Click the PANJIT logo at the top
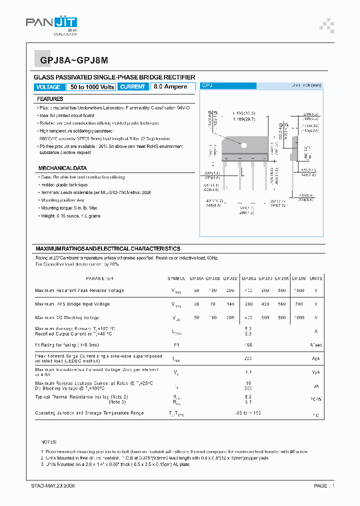(x=51, y=23)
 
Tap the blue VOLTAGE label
(x=49, y=87)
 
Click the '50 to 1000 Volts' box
(x=92, y=87)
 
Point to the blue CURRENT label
(x=133, y=87)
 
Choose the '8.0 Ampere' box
(x=170, y=87)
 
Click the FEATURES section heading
(x=50, y=99)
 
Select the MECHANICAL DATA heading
(x=62, y=168)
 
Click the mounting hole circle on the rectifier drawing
(x=244, y=145)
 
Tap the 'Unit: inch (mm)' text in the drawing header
(x=306, y=86)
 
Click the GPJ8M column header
(x=298, y=278)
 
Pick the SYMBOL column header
(x=176, y=278)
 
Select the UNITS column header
(x=316, y=278)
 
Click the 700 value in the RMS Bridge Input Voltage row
(x=298, y=304)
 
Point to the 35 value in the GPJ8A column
(x=196, y=304)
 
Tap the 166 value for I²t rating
(x=247, y=345)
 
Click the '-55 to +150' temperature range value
(x=247, y=413)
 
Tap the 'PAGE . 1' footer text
(x=324, y=486)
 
